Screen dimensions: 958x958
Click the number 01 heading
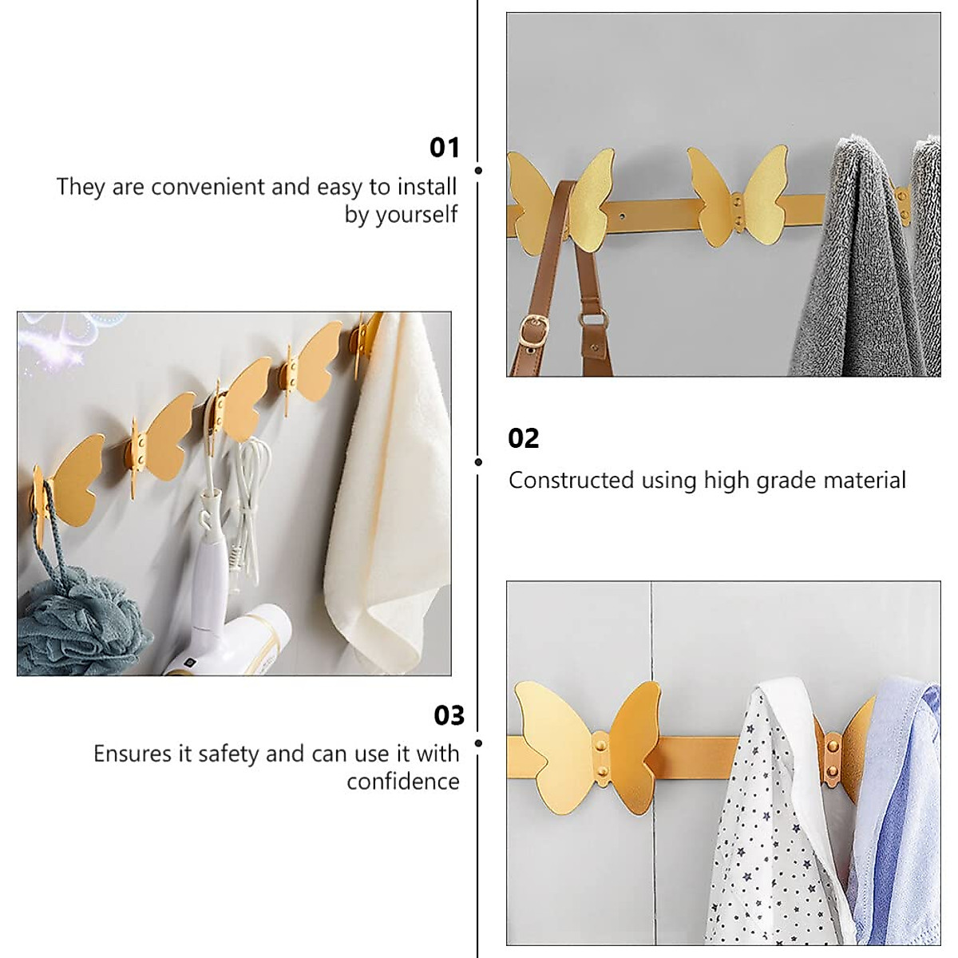(445, 148)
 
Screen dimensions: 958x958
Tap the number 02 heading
(524, 438)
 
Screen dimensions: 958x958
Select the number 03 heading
(449, 715)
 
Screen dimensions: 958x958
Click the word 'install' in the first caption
(422, 187)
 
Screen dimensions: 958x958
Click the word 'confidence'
(403, 781)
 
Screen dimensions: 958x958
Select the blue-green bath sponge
(76, 615)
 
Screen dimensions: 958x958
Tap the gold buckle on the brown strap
(532, 327)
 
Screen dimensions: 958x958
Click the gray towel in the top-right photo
(846, 271)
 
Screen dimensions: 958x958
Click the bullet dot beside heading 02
(478, 462)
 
